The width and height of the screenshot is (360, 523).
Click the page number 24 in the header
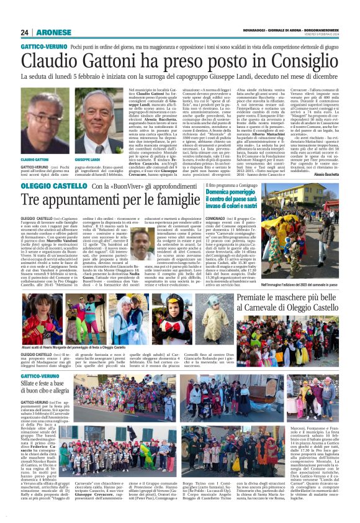(x=24, y=32)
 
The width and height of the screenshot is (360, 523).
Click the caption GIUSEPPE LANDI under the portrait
(x=86, y=160)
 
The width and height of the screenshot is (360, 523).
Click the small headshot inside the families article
(x=143, y=245)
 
